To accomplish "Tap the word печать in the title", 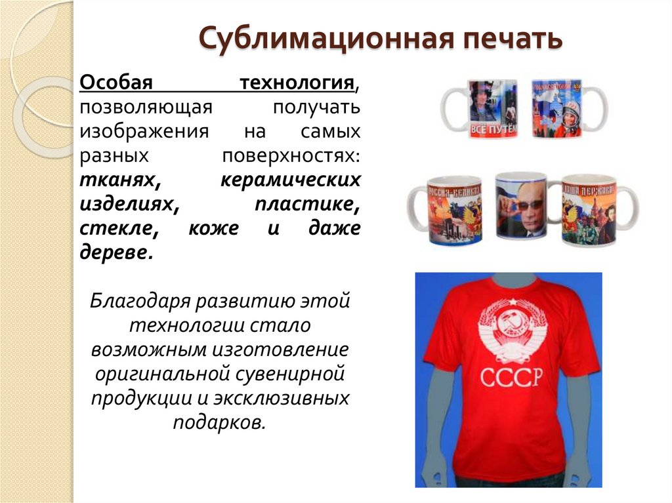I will (x=514, y=39).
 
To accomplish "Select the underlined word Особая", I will (x=116, y=84).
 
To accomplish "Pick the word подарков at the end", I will (x=220, y=422).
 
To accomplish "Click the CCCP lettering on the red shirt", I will (x=512, y=379).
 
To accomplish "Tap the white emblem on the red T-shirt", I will (x=511, y=330).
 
